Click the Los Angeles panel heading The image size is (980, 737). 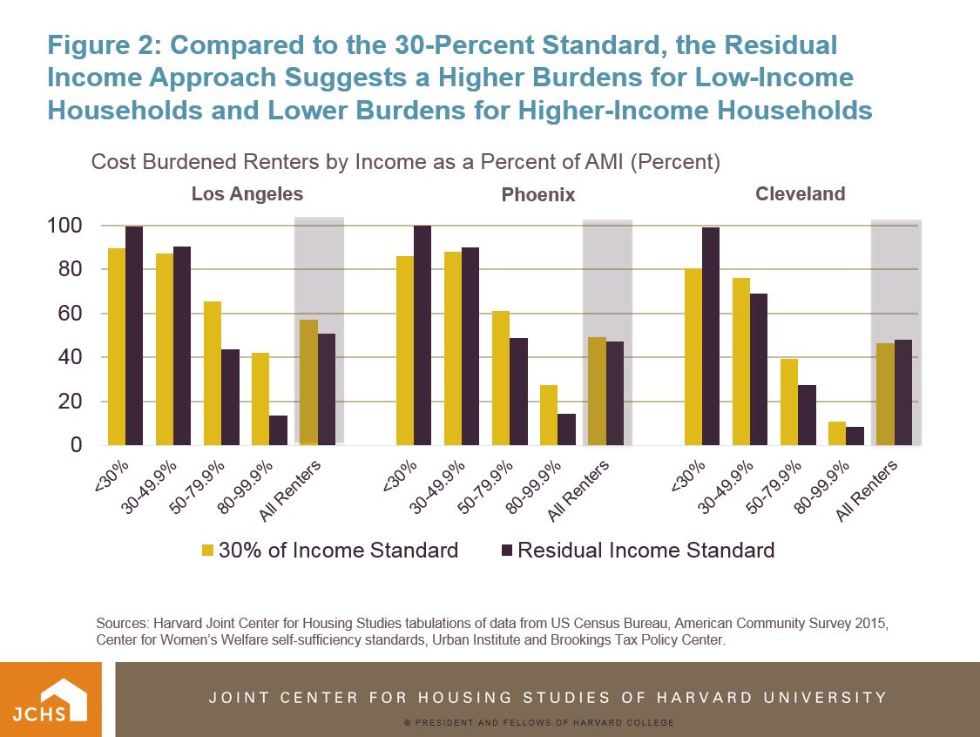247,193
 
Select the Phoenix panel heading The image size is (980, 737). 538,195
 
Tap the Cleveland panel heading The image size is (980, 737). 801,193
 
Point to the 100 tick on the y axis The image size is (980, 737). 65,227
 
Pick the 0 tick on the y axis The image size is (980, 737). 77,445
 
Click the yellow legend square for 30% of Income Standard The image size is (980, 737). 207,551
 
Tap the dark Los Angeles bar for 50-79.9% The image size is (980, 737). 230,397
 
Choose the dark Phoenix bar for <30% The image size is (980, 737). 422,335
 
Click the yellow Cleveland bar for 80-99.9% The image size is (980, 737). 836,433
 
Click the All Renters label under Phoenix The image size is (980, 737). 578,491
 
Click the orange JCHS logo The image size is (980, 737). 51,700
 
